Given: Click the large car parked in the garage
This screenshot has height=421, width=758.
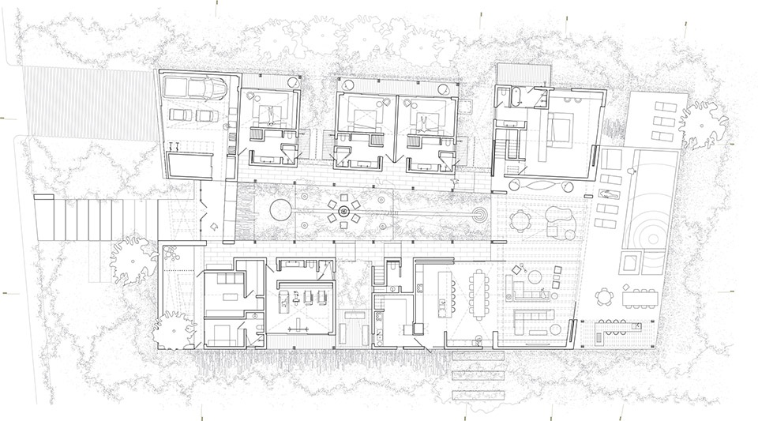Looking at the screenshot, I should click(207, 88).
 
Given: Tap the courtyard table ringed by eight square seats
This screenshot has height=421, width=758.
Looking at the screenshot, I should click(344, 210).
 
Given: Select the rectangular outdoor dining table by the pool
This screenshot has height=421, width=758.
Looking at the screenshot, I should click(644, 296).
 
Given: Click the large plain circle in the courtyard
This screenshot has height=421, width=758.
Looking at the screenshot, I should click(280, 210).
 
